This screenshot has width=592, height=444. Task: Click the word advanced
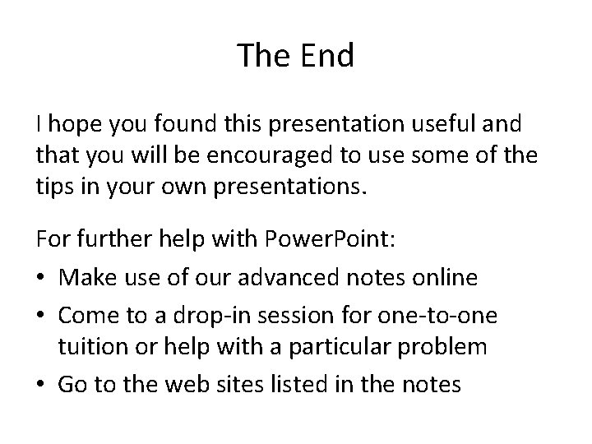(292, 278)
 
